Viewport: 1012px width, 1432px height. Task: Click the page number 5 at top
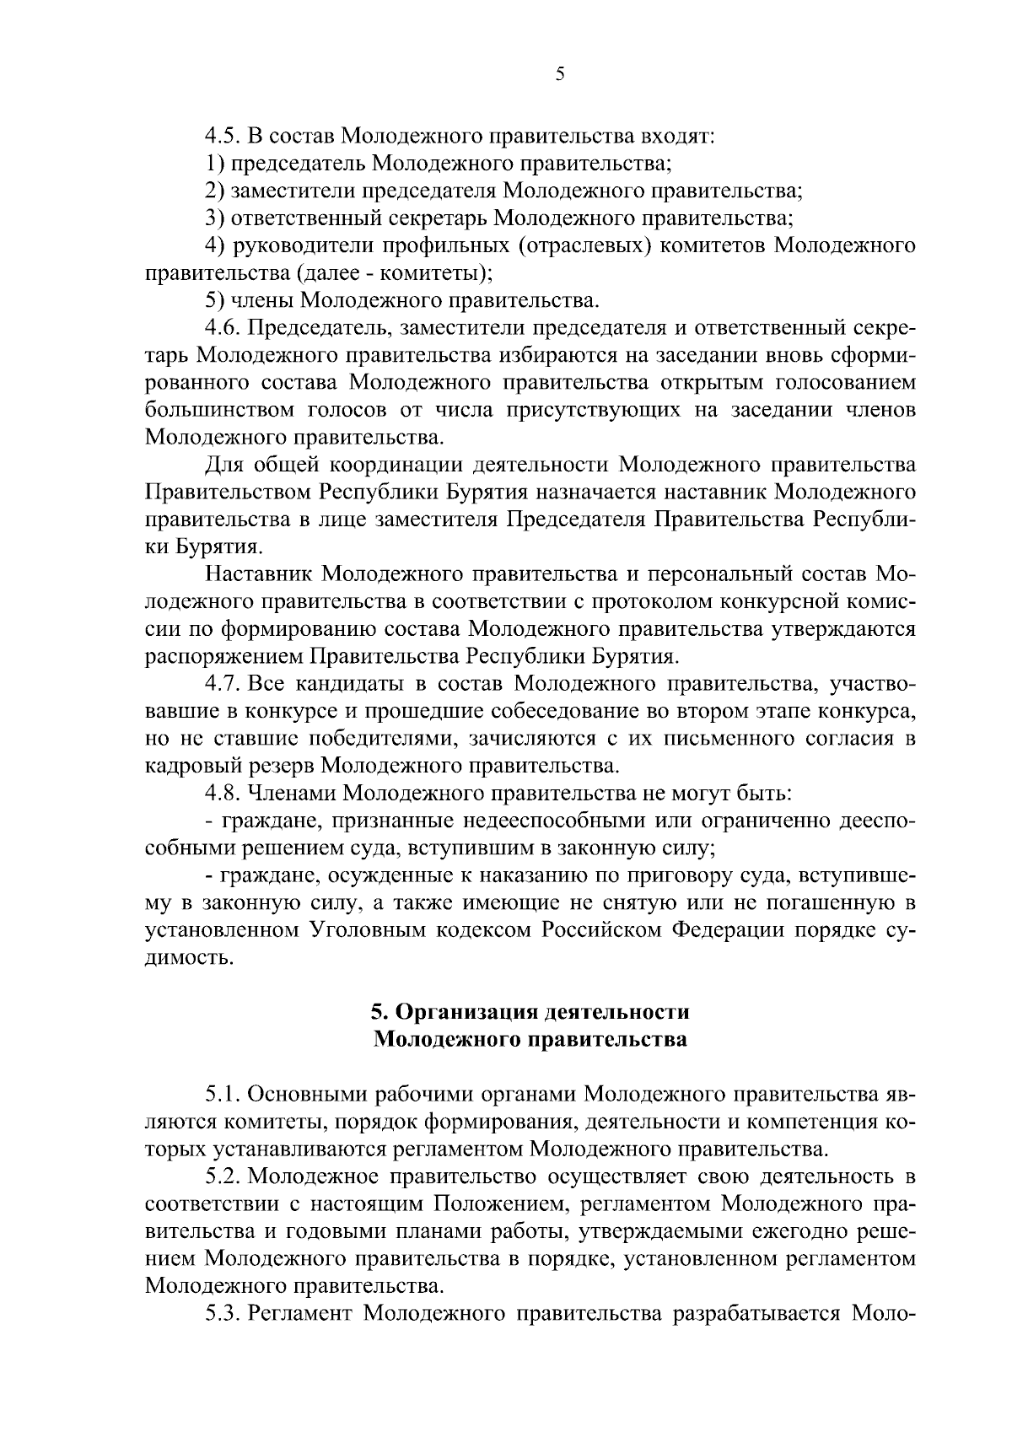tap(560, 74)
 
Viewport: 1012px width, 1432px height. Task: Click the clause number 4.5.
tap(222, 137)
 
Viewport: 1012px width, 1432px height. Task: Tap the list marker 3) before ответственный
tap(214, 219)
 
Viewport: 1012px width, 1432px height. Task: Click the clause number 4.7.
tap(222, 684)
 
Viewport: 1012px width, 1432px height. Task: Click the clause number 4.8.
tap(222, 794)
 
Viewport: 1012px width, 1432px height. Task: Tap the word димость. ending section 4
tap(187, 958)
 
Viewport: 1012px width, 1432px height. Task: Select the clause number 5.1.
tap(222, 1095)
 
